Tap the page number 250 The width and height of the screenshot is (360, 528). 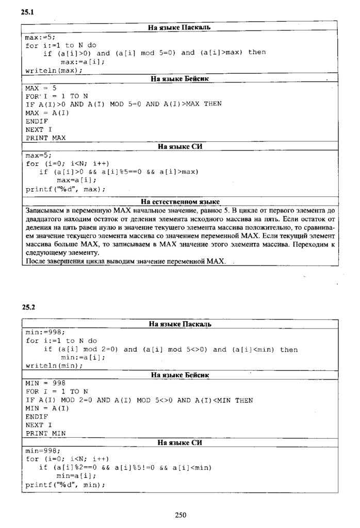coord(180,515)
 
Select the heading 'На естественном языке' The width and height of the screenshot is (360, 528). coord(180,201)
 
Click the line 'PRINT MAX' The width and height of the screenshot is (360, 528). coord(46,138)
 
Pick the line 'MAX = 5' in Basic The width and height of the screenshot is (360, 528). coord(41,88)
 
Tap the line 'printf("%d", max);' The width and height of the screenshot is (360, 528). coord(65,189)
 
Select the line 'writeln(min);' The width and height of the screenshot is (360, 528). coord(54,366)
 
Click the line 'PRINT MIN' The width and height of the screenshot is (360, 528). coord(45,434)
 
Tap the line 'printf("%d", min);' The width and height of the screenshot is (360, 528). coord(65,485)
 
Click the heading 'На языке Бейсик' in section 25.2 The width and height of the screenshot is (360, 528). coord(179,375)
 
